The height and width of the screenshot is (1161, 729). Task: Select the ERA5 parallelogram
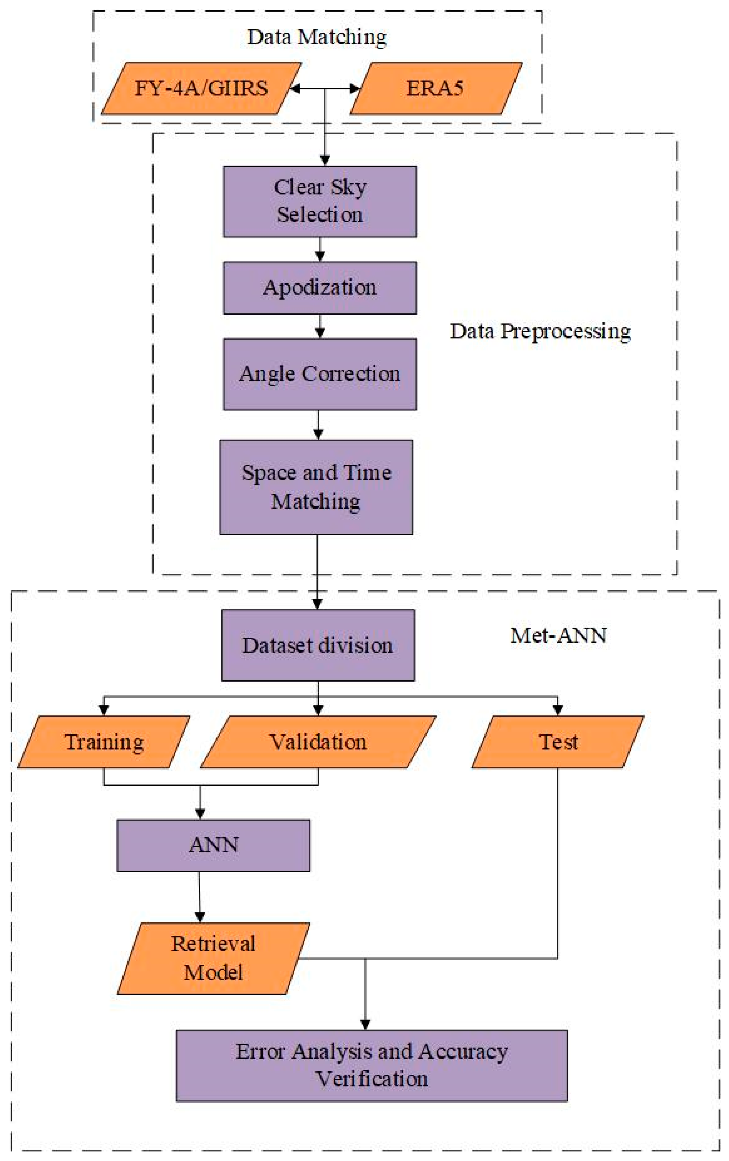pos(435,88)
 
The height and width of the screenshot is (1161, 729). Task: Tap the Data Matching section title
pos(317,37)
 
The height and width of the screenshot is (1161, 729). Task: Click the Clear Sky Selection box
pos(320,201)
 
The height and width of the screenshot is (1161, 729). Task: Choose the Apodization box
pos(320,288)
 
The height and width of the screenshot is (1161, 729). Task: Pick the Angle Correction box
pos(320,374)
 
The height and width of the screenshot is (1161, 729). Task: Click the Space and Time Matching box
pos(316,487)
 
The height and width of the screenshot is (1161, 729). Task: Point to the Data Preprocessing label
pos(540,331)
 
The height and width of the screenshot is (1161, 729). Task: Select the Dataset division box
pos(318,645)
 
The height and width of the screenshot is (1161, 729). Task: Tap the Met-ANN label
pos(558,635)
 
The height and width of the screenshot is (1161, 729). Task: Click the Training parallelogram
pos(104,742)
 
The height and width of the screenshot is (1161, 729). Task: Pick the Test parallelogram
pos(558,742)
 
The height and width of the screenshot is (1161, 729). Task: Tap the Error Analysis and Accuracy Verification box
pos(372,1065)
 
